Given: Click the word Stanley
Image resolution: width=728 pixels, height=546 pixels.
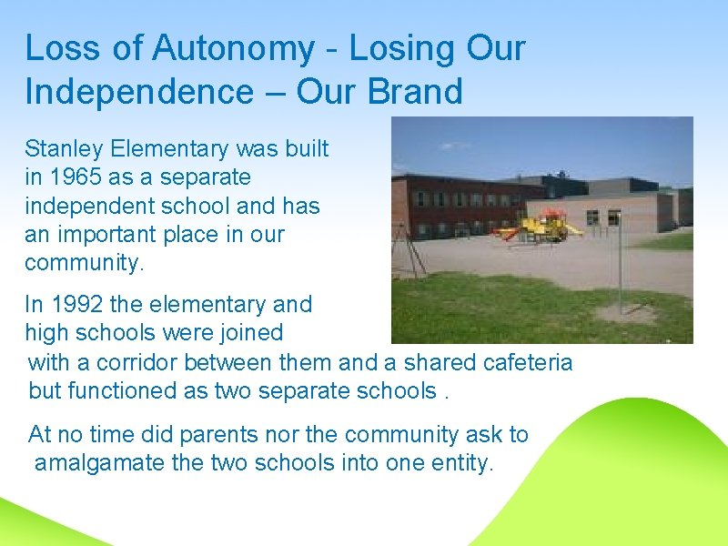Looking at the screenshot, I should [x=65, y=147].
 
